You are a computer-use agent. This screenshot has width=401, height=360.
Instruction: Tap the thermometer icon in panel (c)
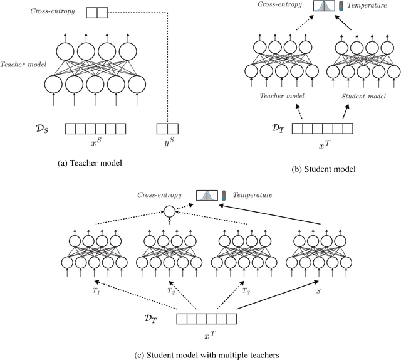[x=224, y=196]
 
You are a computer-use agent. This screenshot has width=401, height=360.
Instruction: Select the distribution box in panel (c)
[x=207, y=196]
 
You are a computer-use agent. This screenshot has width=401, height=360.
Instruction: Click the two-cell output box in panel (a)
[x=97, y=11]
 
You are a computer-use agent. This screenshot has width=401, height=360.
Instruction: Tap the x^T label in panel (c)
[x=207, y=334]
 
